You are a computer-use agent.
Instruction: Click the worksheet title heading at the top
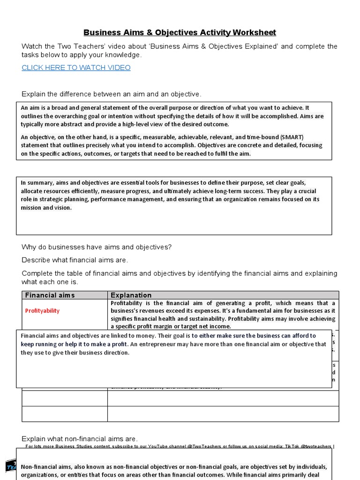[180, 32]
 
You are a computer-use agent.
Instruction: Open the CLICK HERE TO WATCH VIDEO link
[76, 67]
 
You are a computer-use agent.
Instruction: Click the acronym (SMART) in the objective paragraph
[292, 137]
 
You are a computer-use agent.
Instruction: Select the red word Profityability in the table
[42, 311]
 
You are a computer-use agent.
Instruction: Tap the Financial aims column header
[50, 295]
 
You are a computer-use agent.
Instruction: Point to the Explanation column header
[131, 295]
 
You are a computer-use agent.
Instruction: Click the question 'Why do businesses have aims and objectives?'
[97, 247]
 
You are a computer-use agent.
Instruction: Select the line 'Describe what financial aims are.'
[75, 260]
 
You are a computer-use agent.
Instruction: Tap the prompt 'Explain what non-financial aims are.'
[80, 439]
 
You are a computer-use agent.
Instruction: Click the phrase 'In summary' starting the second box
[37, 183]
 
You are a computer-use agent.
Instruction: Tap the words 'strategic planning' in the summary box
[62, 199]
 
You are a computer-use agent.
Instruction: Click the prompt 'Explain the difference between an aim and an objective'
[112, 94]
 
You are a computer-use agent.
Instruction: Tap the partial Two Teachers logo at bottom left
[10, 465]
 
